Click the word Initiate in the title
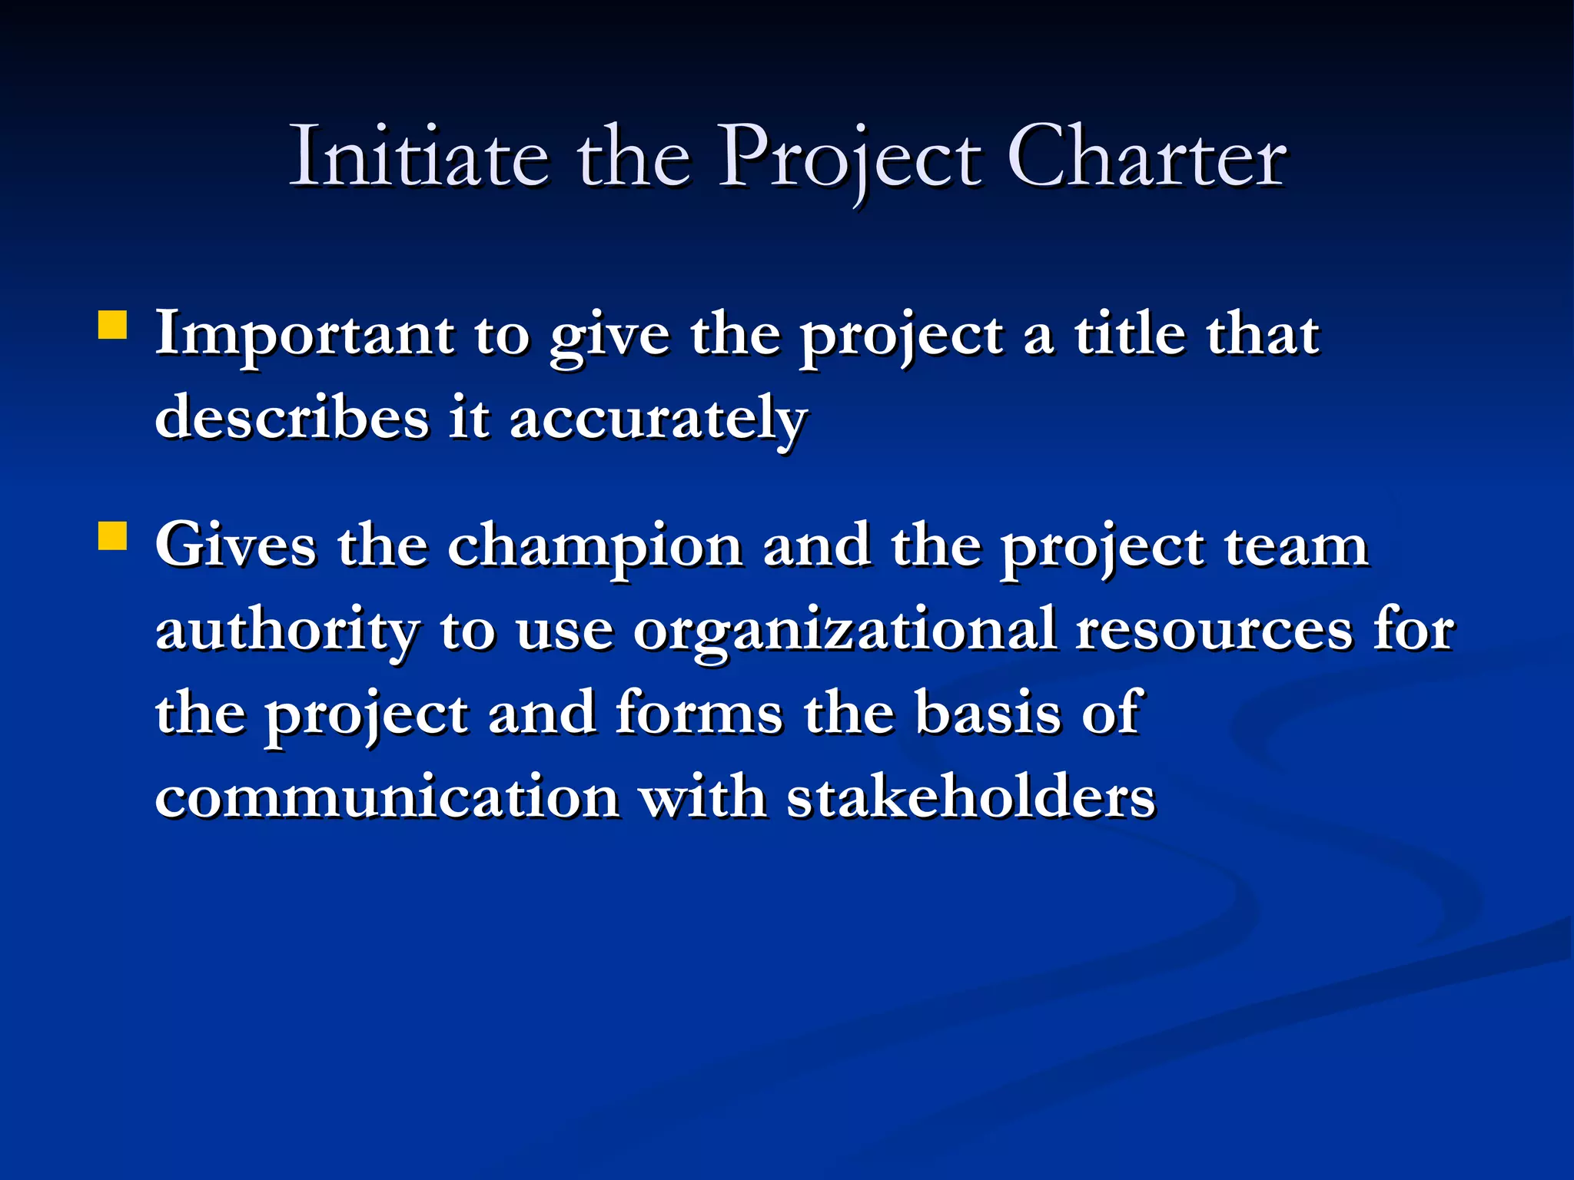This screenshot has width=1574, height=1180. [x=419, y=157]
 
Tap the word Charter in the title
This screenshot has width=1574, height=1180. [x=1146, y=157]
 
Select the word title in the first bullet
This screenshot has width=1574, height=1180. [x=1129, y=334]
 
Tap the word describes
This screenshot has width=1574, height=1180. [x=291, y=419]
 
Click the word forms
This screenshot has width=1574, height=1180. [x=699, y=714]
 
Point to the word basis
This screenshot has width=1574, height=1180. [x=988, y=714]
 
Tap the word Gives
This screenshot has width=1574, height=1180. [x=236, y=546]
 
